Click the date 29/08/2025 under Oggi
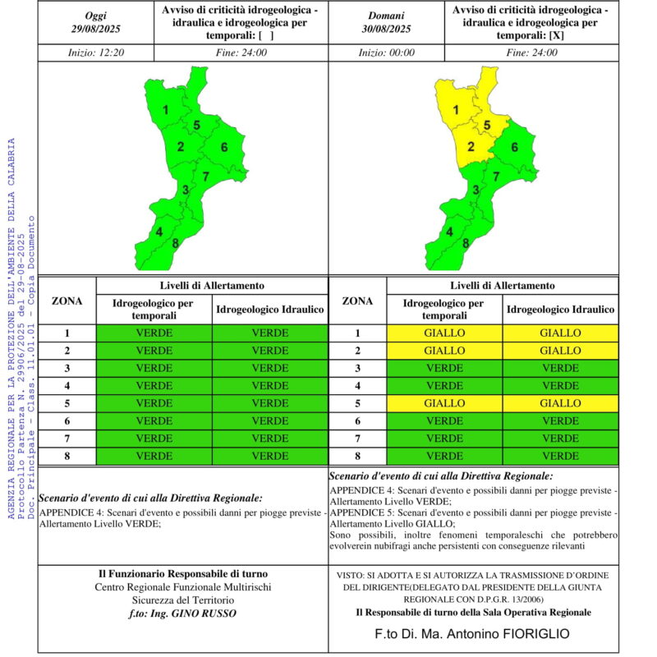[95, 29]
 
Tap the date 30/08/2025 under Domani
[386, 29]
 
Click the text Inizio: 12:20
[96, 53]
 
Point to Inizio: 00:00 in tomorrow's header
[386, 53]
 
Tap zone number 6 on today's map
[224, 147]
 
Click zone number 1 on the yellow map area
[456, 110]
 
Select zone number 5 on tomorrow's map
[487, 125]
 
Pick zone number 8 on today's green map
[175, 243]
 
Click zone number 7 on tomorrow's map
[496, 177]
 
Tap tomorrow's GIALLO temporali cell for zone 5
[444, 403]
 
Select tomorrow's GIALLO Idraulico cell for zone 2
[561, 351]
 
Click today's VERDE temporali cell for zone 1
[154, 333]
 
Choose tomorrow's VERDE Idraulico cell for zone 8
[561, 457]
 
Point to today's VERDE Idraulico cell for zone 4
[270, 386]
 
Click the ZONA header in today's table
[67, 301]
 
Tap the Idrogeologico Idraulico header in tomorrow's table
[561, 310]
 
